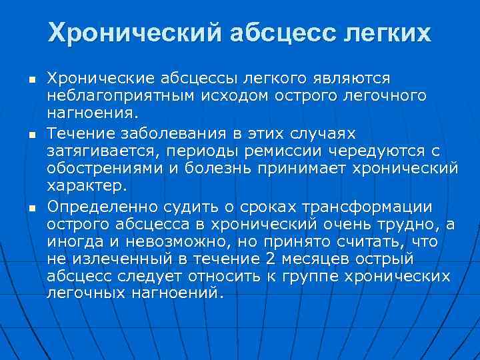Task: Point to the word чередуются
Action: [388, 151]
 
